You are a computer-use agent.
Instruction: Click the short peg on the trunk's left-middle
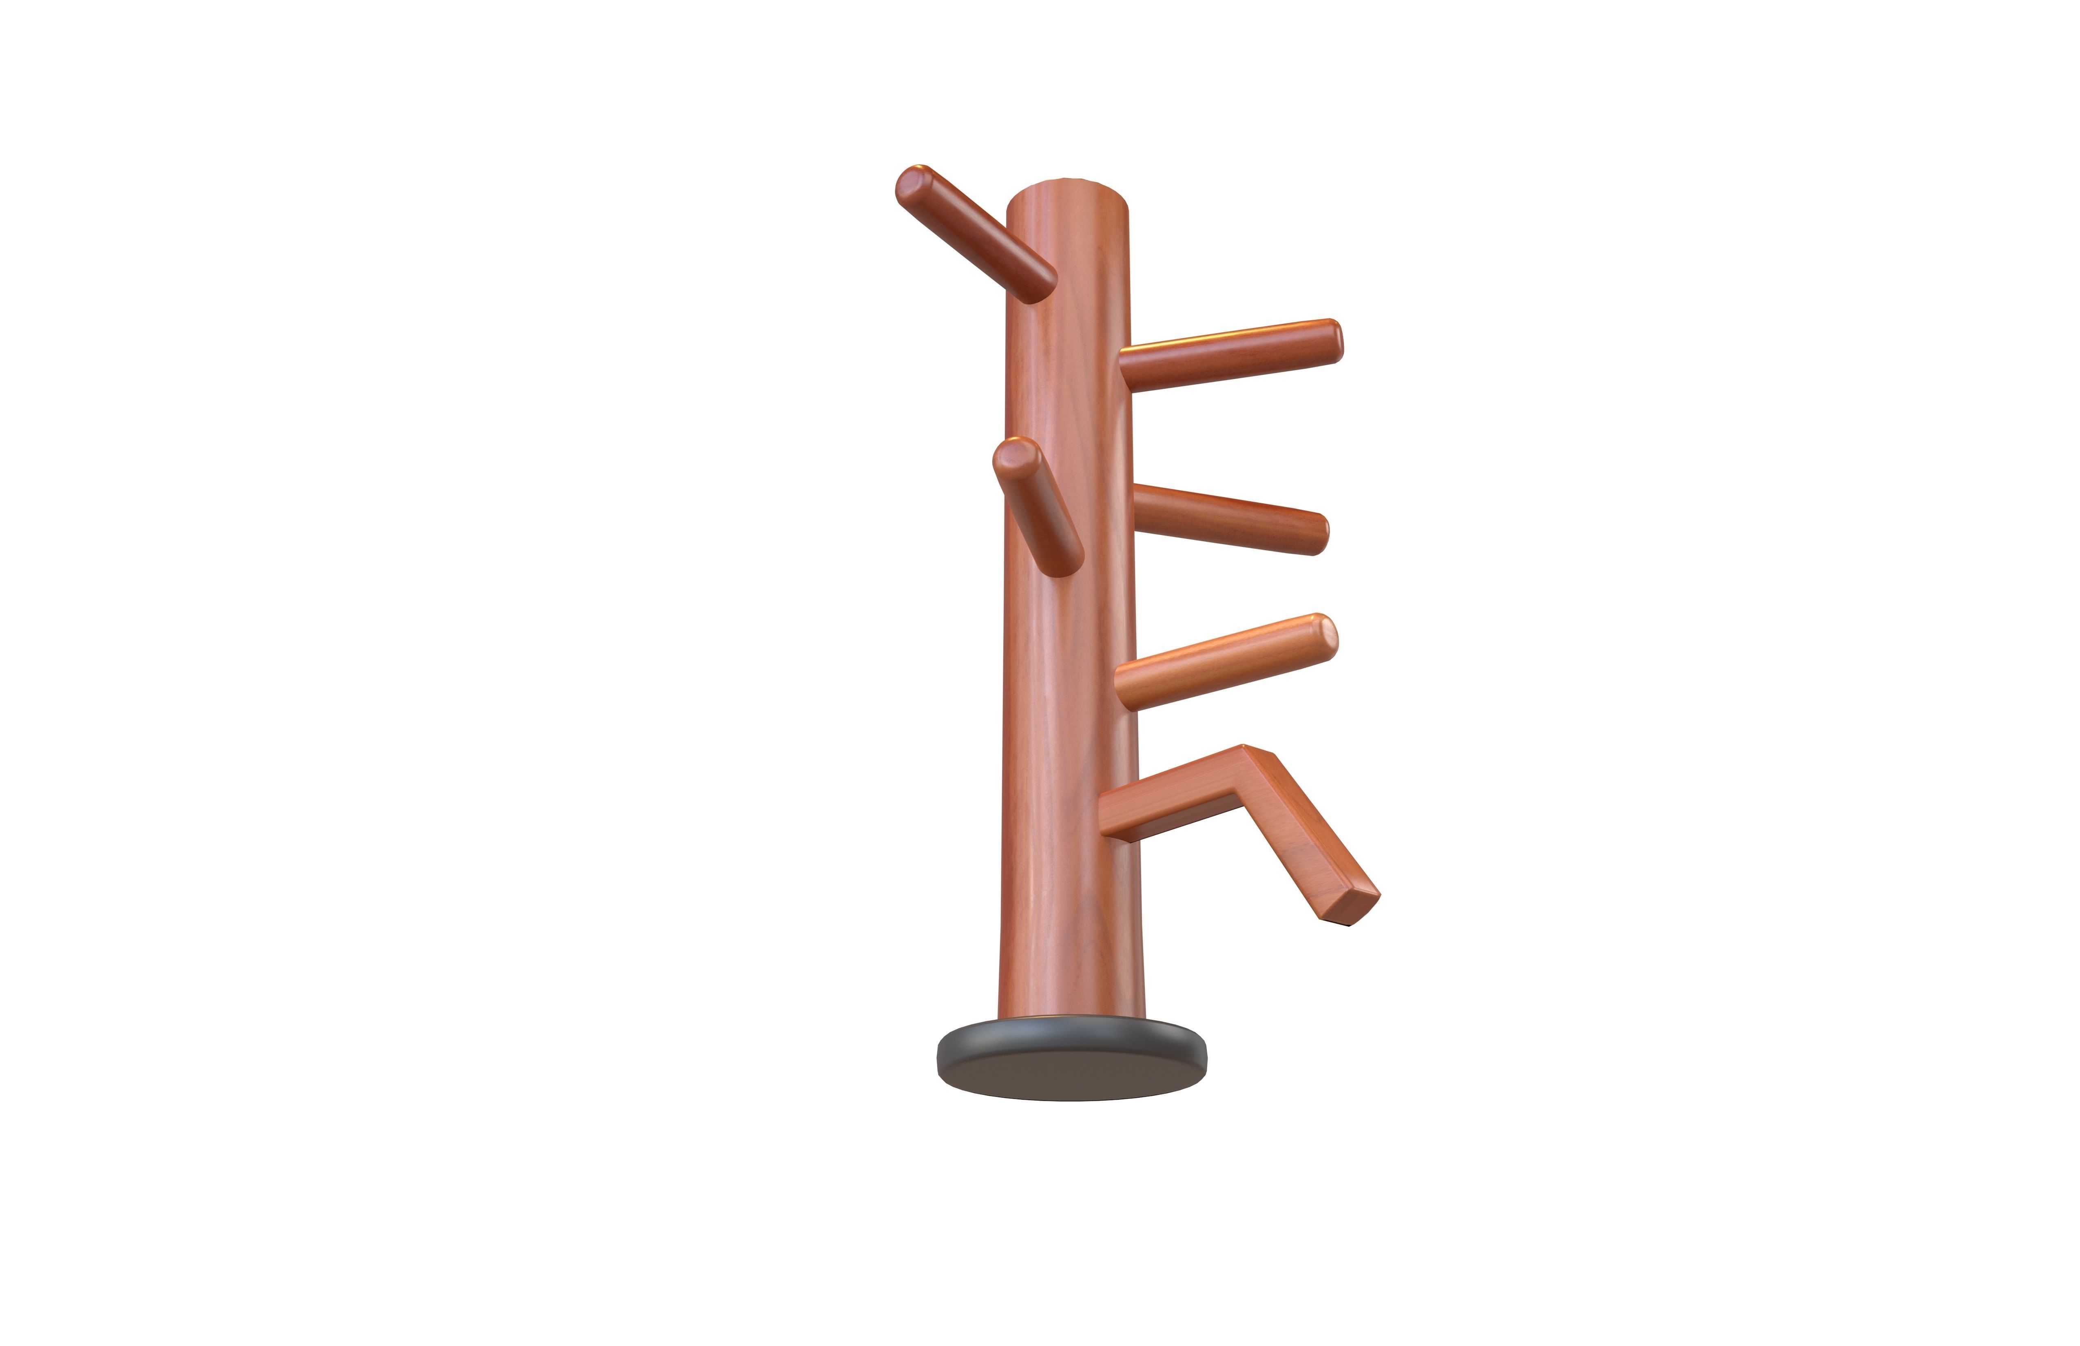tap(1038, 507)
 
